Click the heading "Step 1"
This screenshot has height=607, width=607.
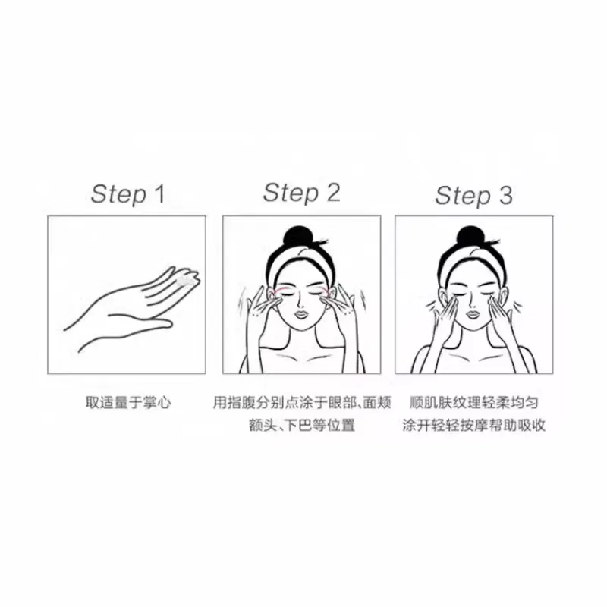[127, 194]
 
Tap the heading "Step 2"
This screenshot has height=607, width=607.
[301, 193]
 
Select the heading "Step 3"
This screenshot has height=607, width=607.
[473, 195]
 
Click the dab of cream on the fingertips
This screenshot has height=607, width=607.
[187, 279]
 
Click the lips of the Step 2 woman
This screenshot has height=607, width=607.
[302, 314]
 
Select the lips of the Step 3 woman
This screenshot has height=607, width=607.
[473, 314]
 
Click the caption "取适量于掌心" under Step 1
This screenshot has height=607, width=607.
[128, 403]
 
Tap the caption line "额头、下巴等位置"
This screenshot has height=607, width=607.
[302, 426]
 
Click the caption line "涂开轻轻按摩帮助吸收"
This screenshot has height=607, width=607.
[473, 426]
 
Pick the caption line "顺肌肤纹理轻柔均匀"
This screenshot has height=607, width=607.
[473, 403]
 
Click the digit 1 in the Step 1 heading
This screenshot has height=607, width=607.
[159, 194]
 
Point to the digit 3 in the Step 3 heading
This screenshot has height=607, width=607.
[506, 195]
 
